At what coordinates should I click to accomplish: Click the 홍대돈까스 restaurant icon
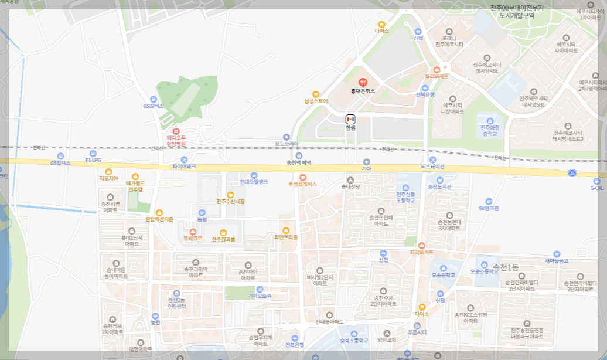pyautogui.click(x=363, y=83)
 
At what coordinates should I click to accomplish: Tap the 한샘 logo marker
pyautogui.click(x=350, y=119)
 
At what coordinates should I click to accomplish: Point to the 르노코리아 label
pyautogui.click(x=287, y=144)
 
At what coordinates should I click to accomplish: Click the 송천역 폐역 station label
pyautogui.click(x=299, y=162)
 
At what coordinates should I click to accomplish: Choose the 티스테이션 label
pyautogui.click(x=432, y=167)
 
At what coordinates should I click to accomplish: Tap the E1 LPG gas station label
pyautogui.click(x=93, y=159)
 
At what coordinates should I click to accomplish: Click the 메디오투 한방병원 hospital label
pyautogui.click(x=176, y=140)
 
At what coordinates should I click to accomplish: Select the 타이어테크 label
pyautogui.click(x=184, y=167)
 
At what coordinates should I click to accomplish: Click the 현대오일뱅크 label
pyautogui.click(x=254, y=182)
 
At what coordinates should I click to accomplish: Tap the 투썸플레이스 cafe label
pyautogui.click(x=302, y=184)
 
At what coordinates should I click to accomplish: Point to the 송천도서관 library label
pyautogui.click(x=439, y=186)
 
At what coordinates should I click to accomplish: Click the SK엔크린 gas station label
pyautogui.click(x=489, y=208)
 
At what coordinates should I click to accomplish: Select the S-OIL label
pyautogui.click(x=596, y=188)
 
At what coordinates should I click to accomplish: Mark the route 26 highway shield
pyautogui.click(x=571, y=172)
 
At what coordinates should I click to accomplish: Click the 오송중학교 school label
pyautogui.click(x=444, y=274)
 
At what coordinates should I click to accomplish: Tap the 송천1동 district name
pyautogui.click(x=506, y=267)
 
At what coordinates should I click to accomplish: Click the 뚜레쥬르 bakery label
pyautogui.click(x=193, y=239)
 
